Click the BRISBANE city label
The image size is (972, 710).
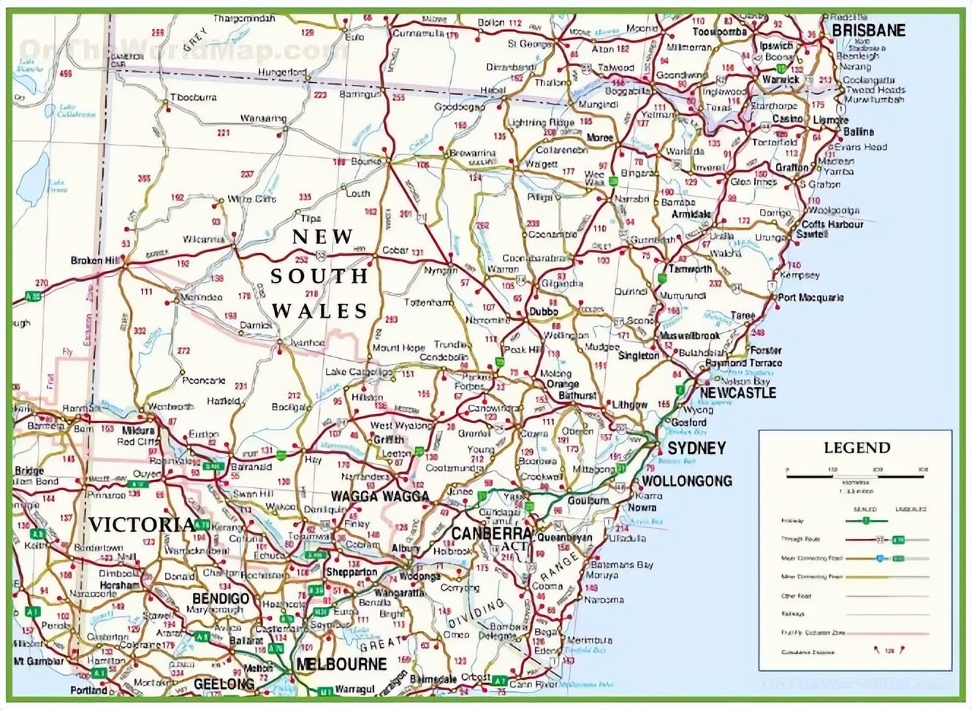pyautogui.click(x=868, y=31)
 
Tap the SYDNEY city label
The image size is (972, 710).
pyautogui.click(x=696, y=448)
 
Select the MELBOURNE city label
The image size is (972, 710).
pyautogui.click(x=341, y=664)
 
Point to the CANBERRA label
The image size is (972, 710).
pyautogui.click(x=490, y=533)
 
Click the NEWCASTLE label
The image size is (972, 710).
pyautogui.click(x=737, y=393)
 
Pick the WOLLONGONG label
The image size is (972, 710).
pyautogui.click(x=686, y=481)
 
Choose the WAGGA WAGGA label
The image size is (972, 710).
pyautogui.click(x=380, y=497)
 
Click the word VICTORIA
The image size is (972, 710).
pyautogui.click(x=143, y=524)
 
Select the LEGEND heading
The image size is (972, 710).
pyautogui.click(x=857, y=448)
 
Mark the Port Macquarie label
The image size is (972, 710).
pyautogui.click(x=810, y=297)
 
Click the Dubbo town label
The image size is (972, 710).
pyautogui.click(x=544, y=311)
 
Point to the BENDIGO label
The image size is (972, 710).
pyautogui.click(x=220, y=598)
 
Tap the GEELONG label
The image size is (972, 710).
pyautogui.click(x=224, y=684)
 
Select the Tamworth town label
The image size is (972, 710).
pyautogui.click(x=690, y=269)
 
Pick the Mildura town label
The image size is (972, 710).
pyautogui.click(x=139, y=431)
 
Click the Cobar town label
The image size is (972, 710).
pyautogui.click(x=395, y=250)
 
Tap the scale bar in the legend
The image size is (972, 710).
pyautogui.click(x=856, y=475)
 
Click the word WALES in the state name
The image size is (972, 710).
pyautogui.click(x=320, y=310)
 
